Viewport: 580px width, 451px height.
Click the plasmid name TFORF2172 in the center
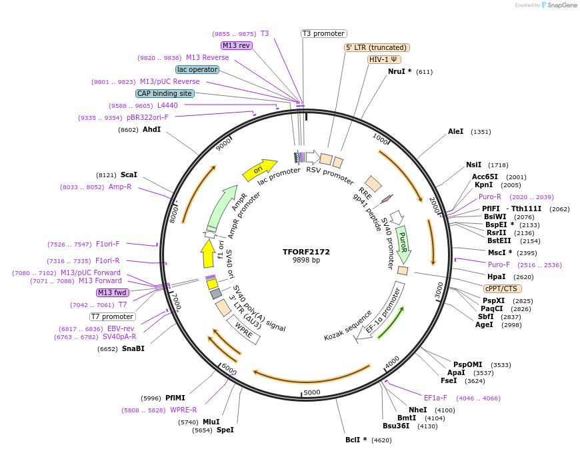306,252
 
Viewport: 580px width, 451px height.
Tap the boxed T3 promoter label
324,33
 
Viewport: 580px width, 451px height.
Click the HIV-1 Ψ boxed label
383,59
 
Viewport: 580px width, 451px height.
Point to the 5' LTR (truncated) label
377,47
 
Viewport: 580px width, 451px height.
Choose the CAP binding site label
165,93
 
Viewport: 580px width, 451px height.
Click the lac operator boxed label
197,69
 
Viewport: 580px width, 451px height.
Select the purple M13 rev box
237,45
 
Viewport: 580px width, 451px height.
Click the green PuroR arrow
403,244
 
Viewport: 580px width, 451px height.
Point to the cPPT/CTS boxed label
503,288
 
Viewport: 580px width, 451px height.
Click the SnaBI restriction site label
133,348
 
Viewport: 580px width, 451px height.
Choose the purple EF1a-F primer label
435,398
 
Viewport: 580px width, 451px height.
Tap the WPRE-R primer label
183,410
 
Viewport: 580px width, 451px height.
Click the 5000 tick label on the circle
312,392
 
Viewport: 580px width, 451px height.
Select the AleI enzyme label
456,132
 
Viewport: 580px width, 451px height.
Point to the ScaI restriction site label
129,175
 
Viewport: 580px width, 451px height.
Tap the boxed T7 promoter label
113,316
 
